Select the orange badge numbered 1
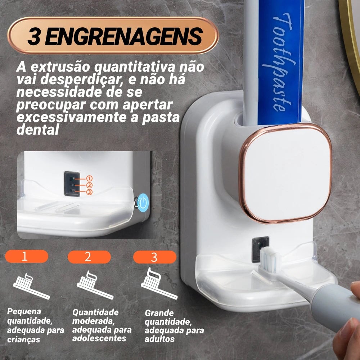coord(27,256)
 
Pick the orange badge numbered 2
coord(89,257)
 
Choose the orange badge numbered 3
coord(155,257)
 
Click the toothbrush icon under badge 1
coord(31,286)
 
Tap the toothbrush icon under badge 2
coord(95,285)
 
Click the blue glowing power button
coord(144,202)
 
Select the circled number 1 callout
coord(89,179)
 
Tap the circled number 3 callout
coord(89,192)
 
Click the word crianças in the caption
coord(24,339)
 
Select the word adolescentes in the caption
coord(99,338)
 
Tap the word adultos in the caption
coord(159,339)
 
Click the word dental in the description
coord(38,130)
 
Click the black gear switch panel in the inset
coord(72,184)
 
